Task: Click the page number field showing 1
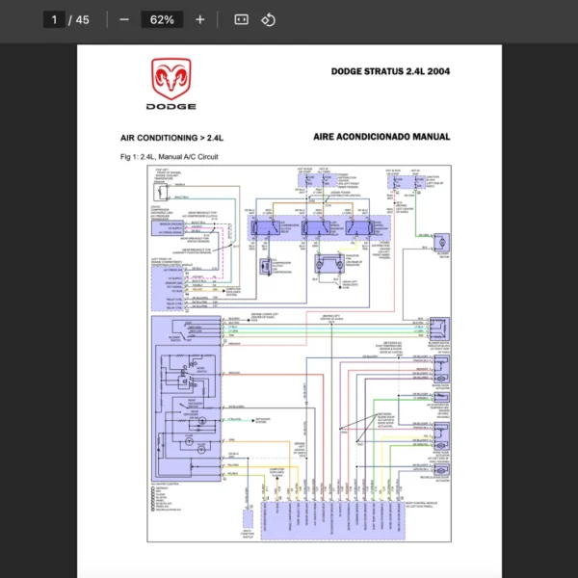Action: click(x=54, y=19)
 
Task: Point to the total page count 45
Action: click(x=82, y=19)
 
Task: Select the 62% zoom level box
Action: click(x=162, y=19)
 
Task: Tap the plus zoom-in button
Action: click(x=199, y=19)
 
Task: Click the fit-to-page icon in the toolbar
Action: click(x=242, y=19)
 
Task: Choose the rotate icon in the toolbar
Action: click(x=269, y=19)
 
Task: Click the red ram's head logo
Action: click(x=171, y=79)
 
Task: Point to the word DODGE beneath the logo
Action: click(x=171, y=107)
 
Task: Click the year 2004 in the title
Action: click(x=438, y=71)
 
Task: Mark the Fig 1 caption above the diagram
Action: click(x=169, y=156)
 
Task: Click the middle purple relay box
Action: click(x=315, y=227)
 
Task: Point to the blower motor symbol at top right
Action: click(x=443, y=246)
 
